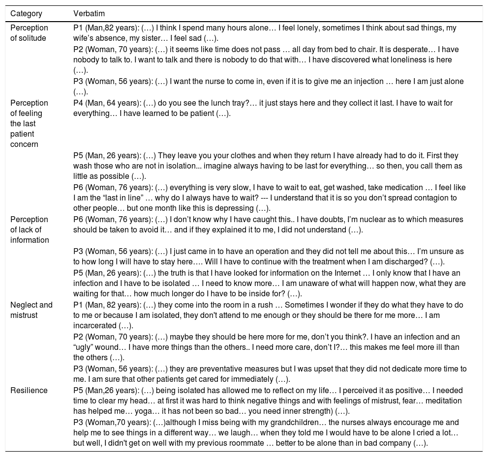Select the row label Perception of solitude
click(x=29, y=32)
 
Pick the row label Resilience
click(x=29, y=390)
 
